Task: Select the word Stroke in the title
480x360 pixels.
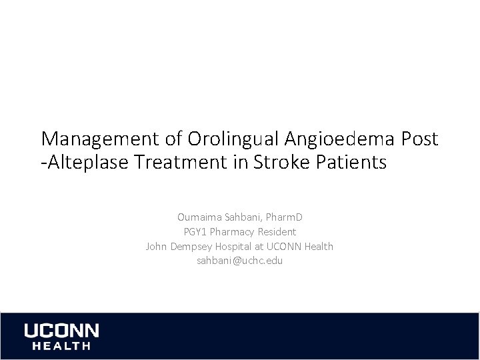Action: point(276,163)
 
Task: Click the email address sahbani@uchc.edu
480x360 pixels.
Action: point(239,261)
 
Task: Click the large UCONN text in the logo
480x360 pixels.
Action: point(61,331)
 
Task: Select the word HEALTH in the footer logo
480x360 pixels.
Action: point(57,346)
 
